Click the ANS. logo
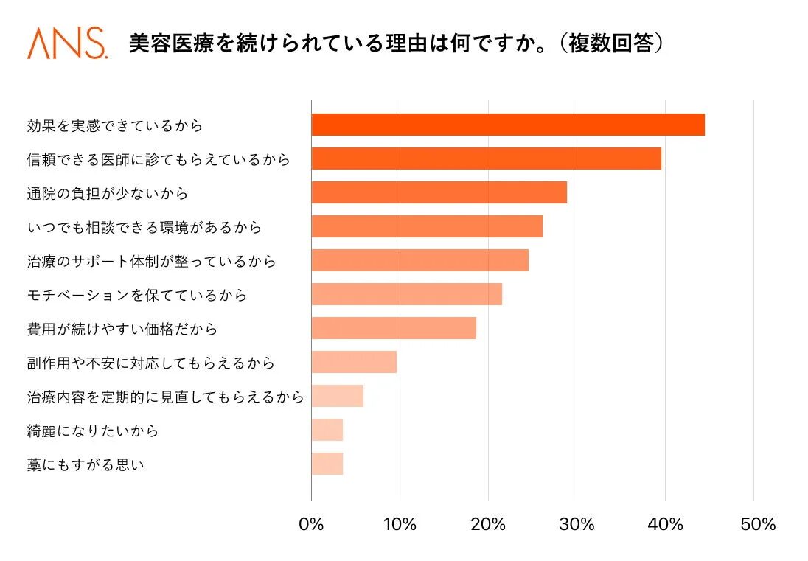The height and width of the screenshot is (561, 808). pos(67,43)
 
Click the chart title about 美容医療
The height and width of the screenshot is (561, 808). pos(397,43)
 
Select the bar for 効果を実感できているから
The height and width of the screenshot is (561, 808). pos(508,125)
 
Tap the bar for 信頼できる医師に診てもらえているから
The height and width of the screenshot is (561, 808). pos(486,159)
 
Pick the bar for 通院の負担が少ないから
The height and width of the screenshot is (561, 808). pos(439,193)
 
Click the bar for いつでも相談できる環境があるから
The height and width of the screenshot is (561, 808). pos(427,226)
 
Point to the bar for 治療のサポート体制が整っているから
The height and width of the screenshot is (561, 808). pos(419,260)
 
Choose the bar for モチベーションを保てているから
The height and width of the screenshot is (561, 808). pos(406,294)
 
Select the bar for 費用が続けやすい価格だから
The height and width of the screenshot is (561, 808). pos(394,328)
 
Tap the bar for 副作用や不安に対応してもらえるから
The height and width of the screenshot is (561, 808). pos(354,362)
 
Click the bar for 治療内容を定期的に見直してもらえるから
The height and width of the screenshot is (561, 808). pos(337,396)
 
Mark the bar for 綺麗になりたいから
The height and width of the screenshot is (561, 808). pos(327,430)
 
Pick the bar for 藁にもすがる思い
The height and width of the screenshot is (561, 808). pos(327,464)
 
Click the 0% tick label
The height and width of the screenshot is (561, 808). pos(311,525)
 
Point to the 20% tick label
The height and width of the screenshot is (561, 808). pos(488,525)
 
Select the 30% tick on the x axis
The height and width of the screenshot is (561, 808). pos(577,525)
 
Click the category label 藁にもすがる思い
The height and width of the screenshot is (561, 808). pos(86,464)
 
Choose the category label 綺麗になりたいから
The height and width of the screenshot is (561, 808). pos(93,431)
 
